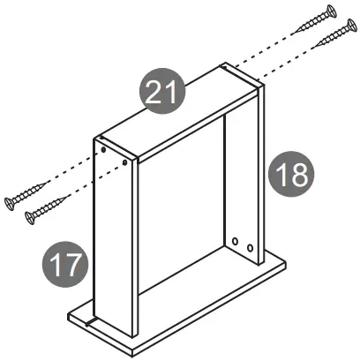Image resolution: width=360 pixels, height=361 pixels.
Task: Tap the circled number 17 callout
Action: click(64, 264)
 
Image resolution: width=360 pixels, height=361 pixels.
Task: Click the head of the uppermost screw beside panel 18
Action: click(332, 11)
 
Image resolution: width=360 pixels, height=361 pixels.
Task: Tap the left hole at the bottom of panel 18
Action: click(236, 240)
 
